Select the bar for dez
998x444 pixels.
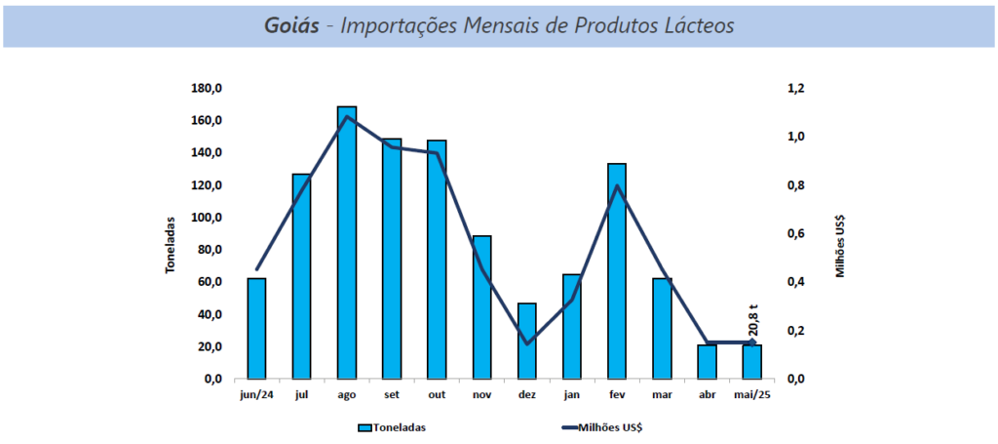[x=527, y=341]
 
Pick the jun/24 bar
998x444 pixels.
[x=256, y=328]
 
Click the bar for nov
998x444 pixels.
[x=481, y=306]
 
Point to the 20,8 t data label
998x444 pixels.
[x=753, y=321]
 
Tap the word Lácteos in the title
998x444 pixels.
[x=698, y=25]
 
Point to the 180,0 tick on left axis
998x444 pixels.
[x=207, y=89]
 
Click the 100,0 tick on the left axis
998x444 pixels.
[x=207, y=218]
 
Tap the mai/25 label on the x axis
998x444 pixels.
[x=751, y=396]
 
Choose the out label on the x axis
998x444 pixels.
[x=437, y=396]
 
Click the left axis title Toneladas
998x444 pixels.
[x=170, y=244]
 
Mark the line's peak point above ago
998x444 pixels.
[x=347, y=117]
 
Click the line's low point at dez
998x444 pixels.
[x=527, y=343]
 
